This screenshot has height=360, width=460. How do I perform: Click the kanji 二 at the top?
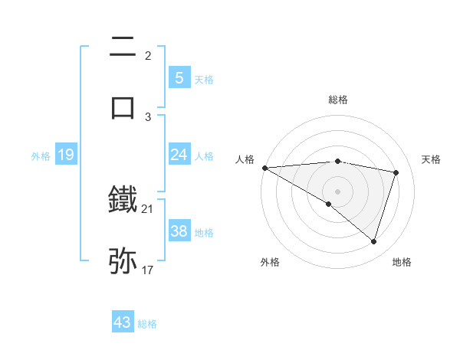[123, 47]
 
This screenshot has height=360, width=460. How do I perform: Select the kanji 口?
[123, 106]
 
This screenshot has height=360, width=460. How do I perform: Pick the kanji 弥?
[123, 260]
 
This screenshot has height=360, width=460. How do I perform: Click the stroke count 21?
[147, 208]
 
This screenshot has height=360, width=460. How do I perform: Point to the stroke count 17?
[147, 270]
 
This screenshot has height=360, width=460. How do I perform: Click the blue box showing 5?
[179, 77]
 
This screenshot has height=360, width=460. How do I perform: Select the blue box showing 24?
[179, 155]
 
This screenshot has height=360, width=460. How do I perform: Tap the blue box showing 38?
[179, 231]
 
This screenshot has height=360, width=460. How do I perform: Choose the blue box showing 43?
[123, 322]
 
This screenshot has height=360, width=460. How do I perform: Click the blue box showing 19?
[66, 155]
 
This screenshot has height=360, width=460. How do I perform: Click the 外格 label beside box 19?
[41, 156]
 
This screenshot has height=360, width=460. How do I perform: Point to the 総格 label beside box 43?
[147, 324]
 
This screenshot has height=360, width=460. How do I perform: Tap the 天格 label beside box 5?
[204, 79]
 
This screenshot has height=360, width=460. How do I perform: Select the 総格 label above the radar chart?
[337, 100]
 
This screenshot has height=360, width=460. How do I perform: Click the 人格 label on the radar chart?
[245, 159]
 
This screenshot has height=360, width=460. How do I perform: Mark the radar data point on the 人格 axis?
[264, 168]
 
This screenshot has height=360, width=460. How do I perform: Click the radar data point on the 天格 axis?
[396, 172]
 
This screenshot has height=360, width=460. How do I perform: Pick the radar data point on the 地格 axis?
[373, 241]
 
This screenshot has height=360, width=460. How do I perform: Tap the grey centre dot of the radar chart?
[337, 191]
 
